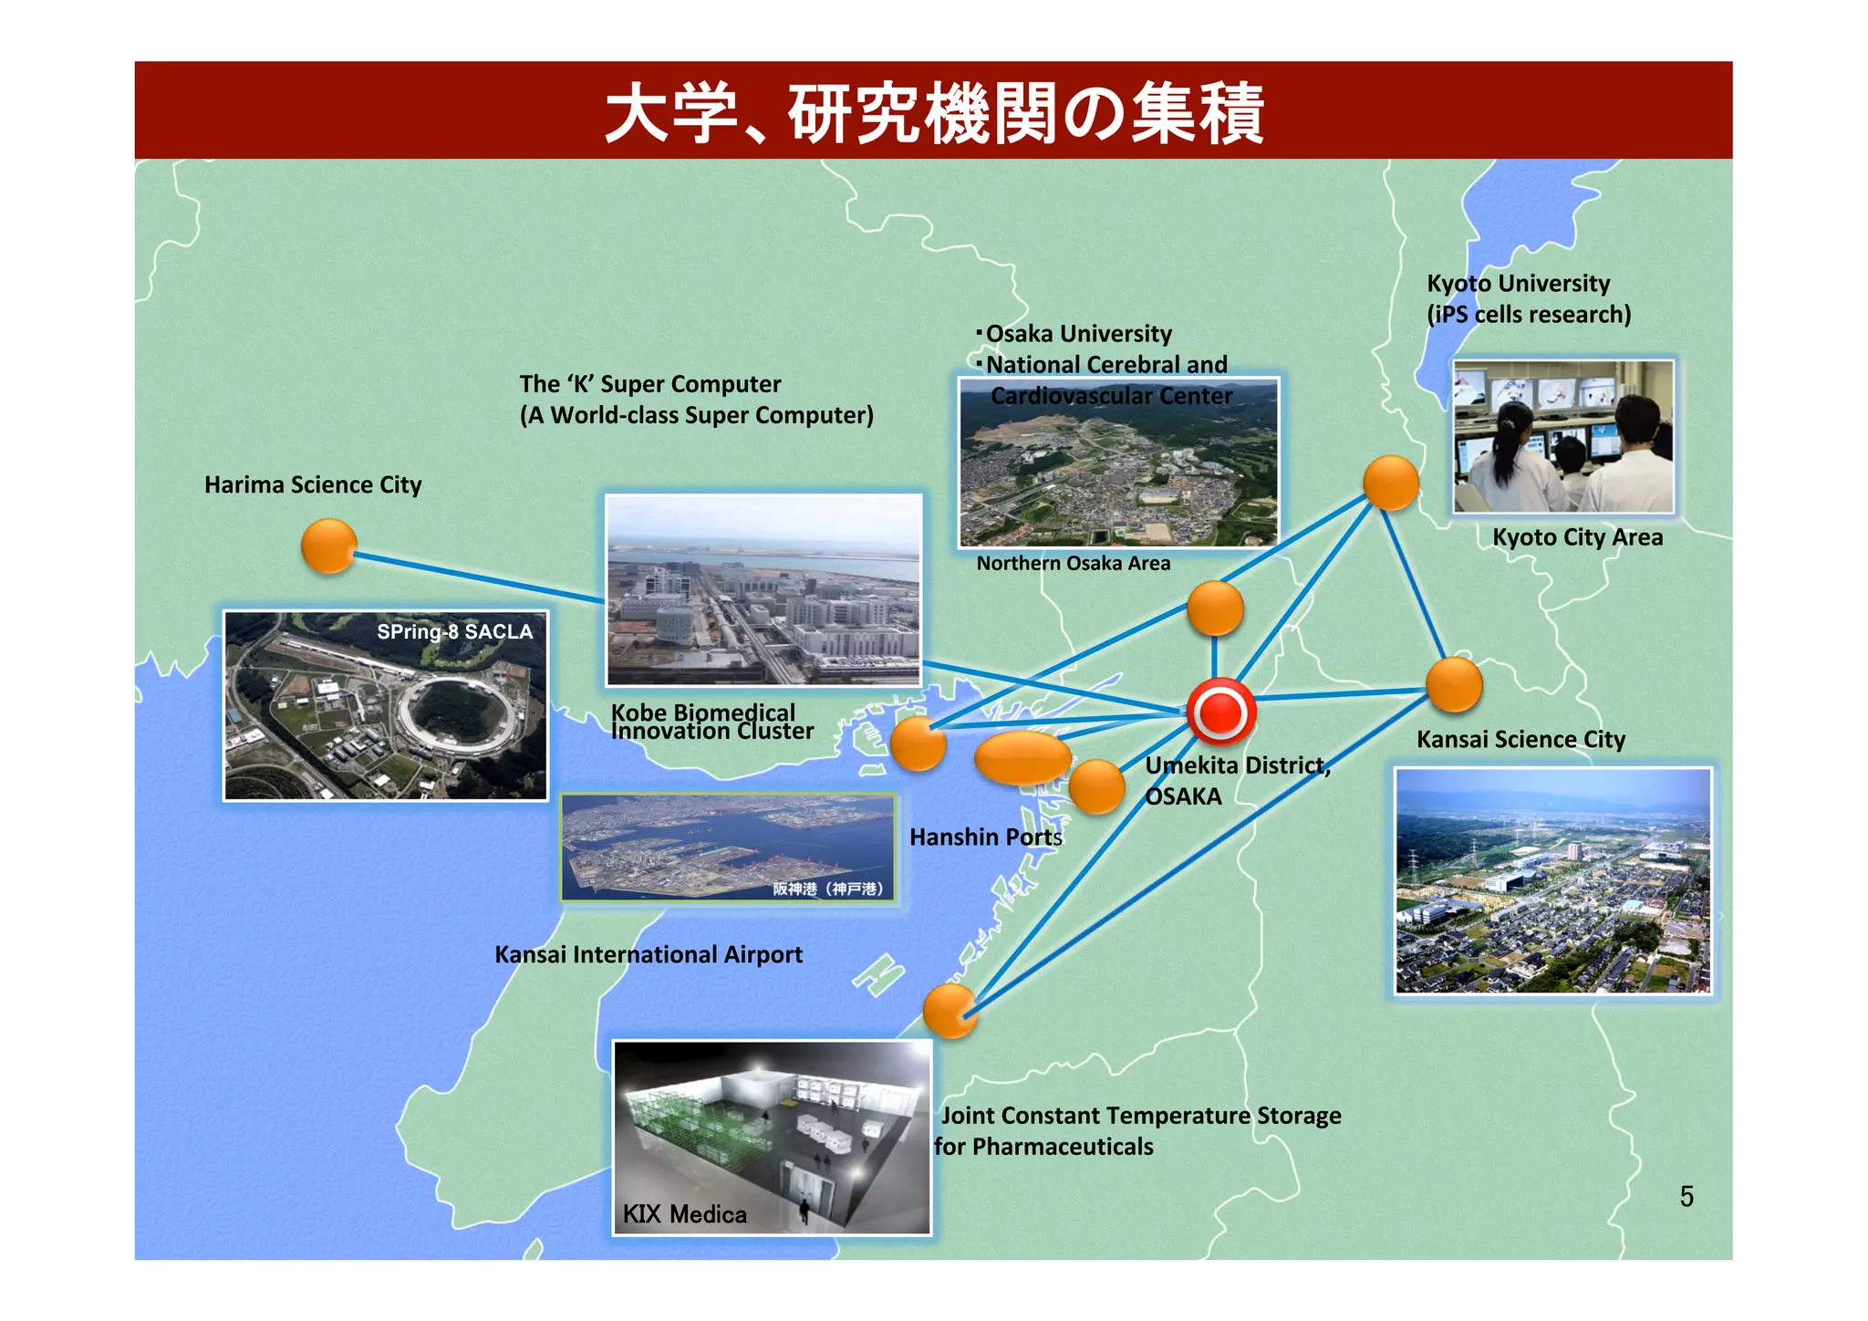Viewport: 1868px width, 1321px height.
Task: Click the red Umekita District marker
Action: [x=1221, y=712]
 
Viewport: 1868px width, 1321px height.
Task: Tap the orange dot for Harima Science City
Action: [x=328, y=546]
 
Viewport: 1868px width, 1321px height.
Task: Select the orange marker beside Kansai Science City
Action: [x=1453, y=684]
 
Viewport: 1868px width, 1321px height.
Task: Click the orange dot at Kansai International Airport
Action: [x=950, y=1011]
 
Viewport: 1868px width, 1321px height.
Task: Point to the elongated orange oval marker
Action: [x=1022, y=757]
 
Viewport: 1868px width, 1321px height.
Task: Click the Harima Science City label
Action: [x=313, y=484]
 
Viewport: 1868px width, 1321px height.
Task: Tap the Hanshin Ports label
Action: [x=986, y=837]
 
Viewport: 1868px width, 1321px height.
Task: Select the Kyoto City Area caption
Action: [x=1577, y=537]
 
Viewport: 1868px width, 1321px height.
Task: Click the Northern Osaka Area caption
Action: [x=1073, y=563]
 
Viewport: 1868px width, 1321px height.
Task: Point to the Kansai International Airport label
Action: [x=649, y=954]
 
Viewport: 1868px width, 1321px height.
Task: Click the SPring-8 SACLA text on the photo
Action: [x=454, y=631]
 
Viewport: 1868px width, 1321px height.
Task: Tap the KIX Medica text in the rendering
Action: [x=684, y=1213]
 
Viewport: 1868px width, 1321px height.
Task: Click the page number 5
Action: [x=1686, y=1196]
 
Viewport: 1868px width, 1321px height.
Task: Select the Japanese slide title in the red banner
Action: [x=934, y=113]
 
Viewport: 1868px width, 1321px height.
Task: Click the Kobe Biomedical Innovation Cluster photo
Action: [x=764, y=589]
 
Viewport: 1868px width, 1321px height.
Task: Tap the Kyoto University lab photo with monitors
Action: [x=1563, y=436]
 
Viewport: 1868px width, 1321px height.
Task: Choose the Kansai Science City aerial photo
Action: [x=1552, y=880]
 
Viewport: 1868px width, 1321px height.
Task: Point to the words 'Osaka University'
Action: [x=1078, y=334]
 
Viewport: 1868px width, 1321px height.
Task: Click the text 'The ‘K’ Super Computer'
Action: [x=650, y=384]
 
